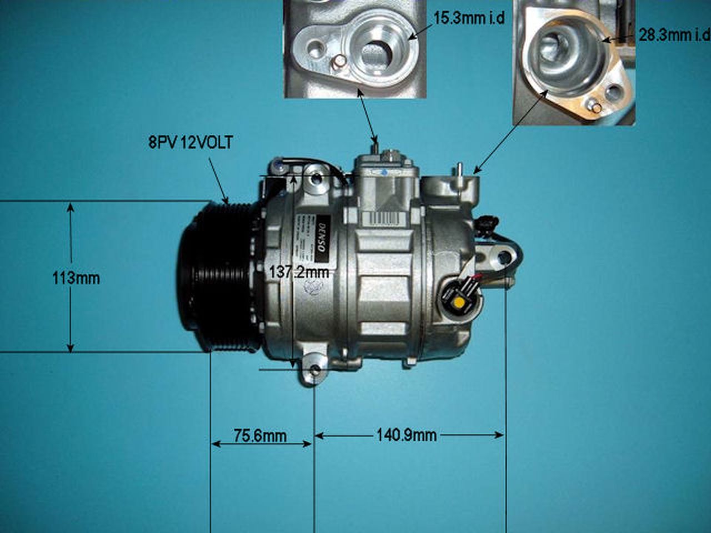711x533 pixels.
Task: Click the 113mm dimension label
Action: coord(76,278)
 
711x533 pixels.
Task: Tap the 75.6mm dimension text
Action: coord(260,436)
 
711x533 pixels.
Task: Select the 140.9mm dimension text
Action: coord(406,435)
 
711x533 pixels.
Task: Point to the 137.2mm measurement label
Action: coord(299,272)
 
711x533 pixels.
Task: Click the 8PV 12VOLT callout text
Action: coord(191,143)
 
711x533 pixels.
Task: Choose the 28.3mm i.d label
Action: coord(673,36)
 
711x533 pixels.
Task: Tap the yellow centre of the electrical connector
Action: coord(459,303)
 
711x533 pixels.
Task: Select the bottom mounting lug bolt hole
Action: coord(316,370)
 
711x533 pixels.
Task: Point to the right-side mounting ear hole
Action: coord(504,257)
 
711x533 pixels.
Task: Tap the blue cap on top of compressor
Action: coord(385,172)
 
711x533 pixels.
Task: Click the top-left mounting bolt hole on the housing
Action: coord(316,179)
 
